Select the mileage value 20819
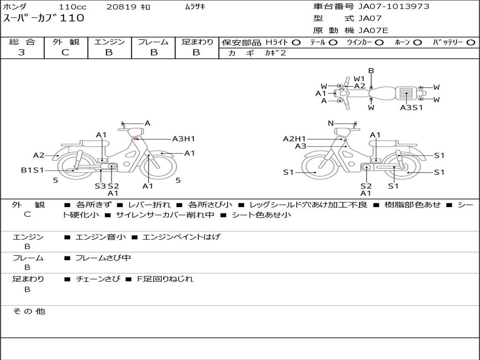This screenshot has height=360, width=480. coord(121,7)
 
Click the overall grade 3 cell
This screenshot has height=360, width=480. coord(22,52)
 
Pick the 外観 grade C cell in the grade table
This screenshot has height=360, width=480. coord(66,52)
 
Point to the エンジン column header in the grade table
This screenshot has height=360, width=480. coord(109,42)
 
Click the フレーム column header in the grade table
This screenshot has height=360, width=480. coord(153,42)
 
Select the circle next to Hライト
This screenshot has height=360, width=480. coord(296,43)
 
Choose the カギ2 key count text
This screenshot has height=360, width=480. coord(276,53)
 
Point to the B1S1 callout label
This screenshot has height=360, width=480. coord(32,170)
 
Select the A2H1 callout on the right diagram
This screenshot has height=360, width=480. coord(294,139)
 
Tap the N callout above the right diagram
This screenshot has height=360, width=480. coord(330,123)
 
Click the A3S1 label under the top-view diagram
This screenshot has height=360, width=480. coord(412,107)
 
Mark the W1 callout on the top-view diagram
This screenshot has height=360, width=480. coord(360,79)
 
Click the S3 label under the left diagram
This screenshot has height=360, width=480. coord(100,186)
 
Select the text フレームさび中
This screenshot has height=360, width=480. coord(103,258)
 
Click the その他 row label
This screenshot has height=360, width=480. coord(29,311)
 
